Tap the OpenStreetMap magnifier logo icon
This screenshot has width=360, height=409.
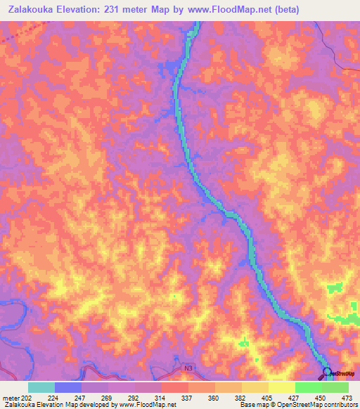pos(327,372)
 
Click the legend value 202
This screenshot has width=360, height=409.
pos(18,398)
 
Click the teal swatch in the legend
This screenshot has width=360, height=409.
pos(41,387)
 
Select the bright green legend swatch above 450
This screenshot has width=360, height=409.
pos(308,387)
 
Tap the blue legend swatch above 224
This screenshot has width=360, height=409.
pos(68,387)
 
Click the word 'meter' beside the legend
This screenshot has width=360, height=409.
pos(11,398)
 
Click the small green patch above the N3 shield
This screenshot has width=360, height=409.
pos(244,343)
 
